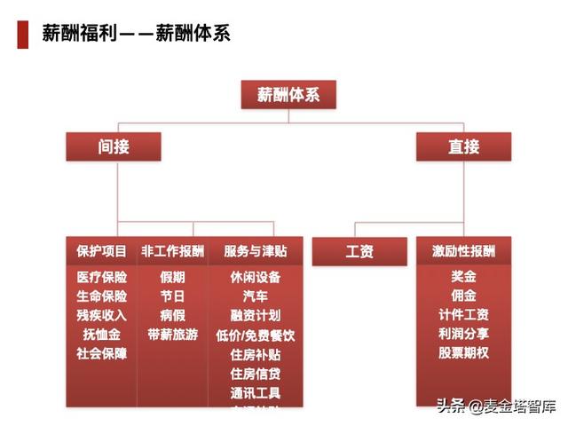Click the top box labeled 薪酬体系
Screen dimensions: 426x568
click(288, 95)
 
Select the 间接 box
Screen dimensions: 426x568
click(114, 146)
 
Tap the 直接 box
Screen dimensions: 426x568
click(463, 146)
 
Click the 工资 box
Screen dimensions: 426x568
click(359, 252)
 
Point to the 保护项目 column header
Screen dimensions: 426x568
click(102, 252)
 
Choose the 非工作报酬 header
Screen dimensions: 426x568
click(172, 252)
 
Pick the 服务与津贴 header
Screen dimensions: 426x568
click(256, 252)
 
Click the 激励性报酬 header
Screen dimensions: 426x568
click(463, 252)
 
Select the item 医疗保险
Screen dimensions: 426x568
click(102, 277)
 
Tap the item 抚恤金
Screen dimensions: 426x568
click(102, 335)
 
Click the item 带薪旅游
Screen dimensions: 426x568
click(172, 335)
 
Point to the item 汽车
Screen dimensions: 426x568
click(256, 296)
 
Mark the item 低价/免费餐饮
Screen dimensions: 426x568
click(256, 335)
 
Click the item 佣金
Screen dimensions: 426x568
click(463, 296)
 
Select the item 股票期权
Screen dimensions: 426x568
click(463, 353)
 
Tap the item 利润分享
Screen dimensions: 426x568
click(463, 335)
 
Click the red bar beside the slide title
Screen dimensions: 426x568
click(23, 35)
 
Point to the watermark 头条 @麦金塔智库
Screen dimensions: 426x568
click(495, 407)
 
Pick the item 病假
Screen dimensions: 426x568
click(172, 315)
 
